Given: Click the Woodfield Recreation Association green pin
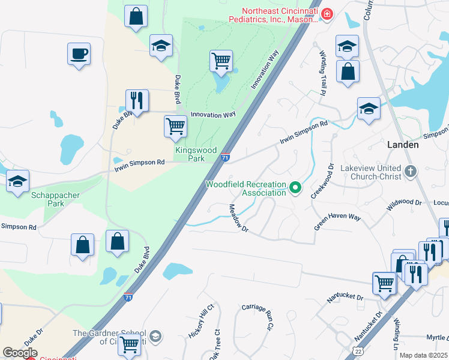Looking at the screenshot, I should pos(295,188).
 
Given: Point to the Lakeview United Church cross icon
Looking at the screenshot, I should pos(410,172).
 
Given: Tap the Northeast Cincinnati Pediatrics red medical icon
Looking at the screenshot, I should pos(327,14).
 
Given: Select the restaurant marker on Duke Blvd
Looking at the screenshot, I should pos(137,101).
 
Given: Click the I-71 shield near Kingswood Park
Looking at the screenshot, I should pos(224,157).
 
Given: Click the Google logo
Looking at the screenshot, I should pos(20,352).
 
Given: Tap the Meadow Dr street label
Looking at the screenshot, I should pos(238,219).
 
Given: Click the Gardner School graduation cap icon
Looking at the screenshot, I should pos(155,335).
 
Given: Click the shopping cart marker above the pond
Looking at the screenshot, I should pos(221,61).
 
